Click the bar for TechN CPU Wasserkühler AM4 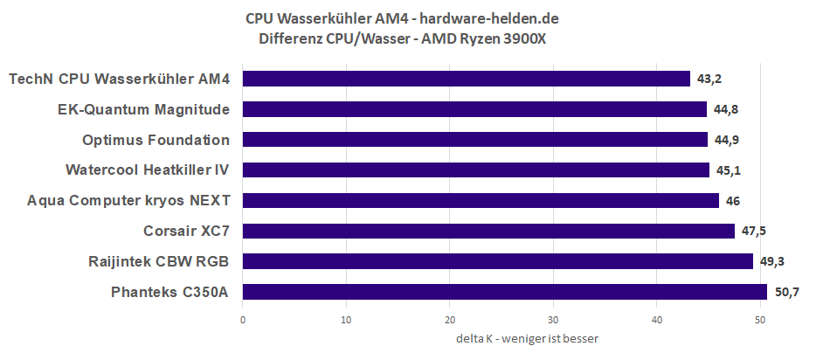pyautogui.click(x=467, y=79)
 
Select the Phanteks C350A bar pyautogui.click(x=505, y=292)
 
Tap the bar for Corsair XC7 pyautogui.click(x=488, y=231)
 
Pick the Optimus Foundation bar pyautogui.click(x=475, y=140)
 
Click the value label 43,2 pyautogui.click(x=709, y=79)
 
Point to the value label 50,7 pyautogui.click(x=786, y=292)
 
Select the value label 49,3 pyautogui.click(x=772, y=261)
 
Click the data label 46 pyautogui.click(x=733, y=200)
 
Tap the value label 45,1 pyautogui.click(x=729, y=170)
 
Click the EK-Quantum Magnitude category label pyautogui.click(x=142, y=109)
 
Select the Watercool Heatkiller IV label pyautogui.click(x=148, y=170)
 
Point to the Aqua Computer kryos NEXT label pyautogui.click(x=128, y=200)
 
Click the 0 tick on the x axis pyautogui.click(x=243, y=320)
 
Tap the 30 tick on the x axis pyautogui.click(x=554, y=320)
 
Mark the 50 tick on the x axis pyautogui.click(x=761, y=320)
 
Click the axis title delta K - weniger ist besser pyautogui.click(x=527, y=338)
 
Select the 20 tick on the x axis pyautogui.click(x=450, y=320)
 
